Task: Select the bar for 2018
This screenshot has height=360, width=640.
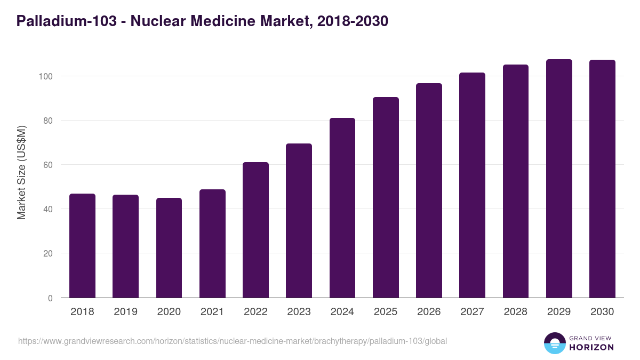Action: pos(82,246)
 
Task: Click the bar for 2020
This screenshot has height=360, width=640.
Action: pos(169,248)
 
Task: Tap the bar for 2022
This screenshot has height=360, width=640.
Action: pos(255,230)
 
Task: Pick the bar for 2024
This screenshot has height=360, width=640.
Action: pos(342,208)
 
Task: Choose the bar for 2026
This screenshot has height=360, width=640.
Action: pos(429,190)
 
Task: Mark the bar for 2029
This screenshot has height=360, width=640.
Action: pos(559,179)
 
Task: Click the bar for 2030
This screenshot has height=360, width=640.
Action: pos(602,179)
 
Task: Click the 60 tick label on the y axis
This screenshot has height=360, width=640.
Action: pos(47,165)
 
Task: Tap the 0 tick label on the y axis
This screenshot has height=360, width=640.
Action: pos(50,298)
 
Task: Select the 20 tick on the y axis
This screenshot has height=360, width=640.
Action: pos(47,253)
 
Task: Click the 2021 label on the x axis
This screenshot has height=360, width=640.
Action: pos(212,312)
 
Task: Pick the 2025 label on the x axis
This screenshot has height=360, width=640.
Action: pos(386,312)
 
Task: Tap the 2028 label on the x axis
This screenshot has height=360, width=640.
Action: pos(516,312)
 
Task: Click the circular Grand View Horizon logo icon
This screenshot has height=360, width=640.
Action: pos(555,343)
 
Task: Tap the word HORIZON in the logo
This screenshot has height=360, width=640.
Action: pos(591,347)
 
